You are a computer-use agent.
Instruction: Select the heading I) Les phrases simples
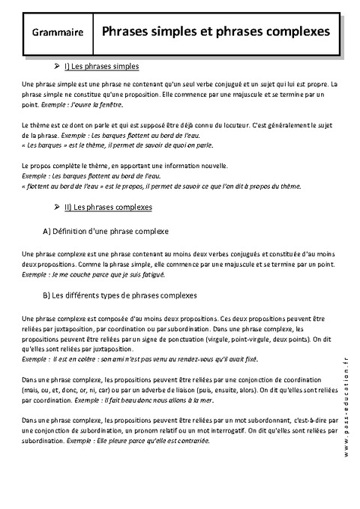coord(112,67)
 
